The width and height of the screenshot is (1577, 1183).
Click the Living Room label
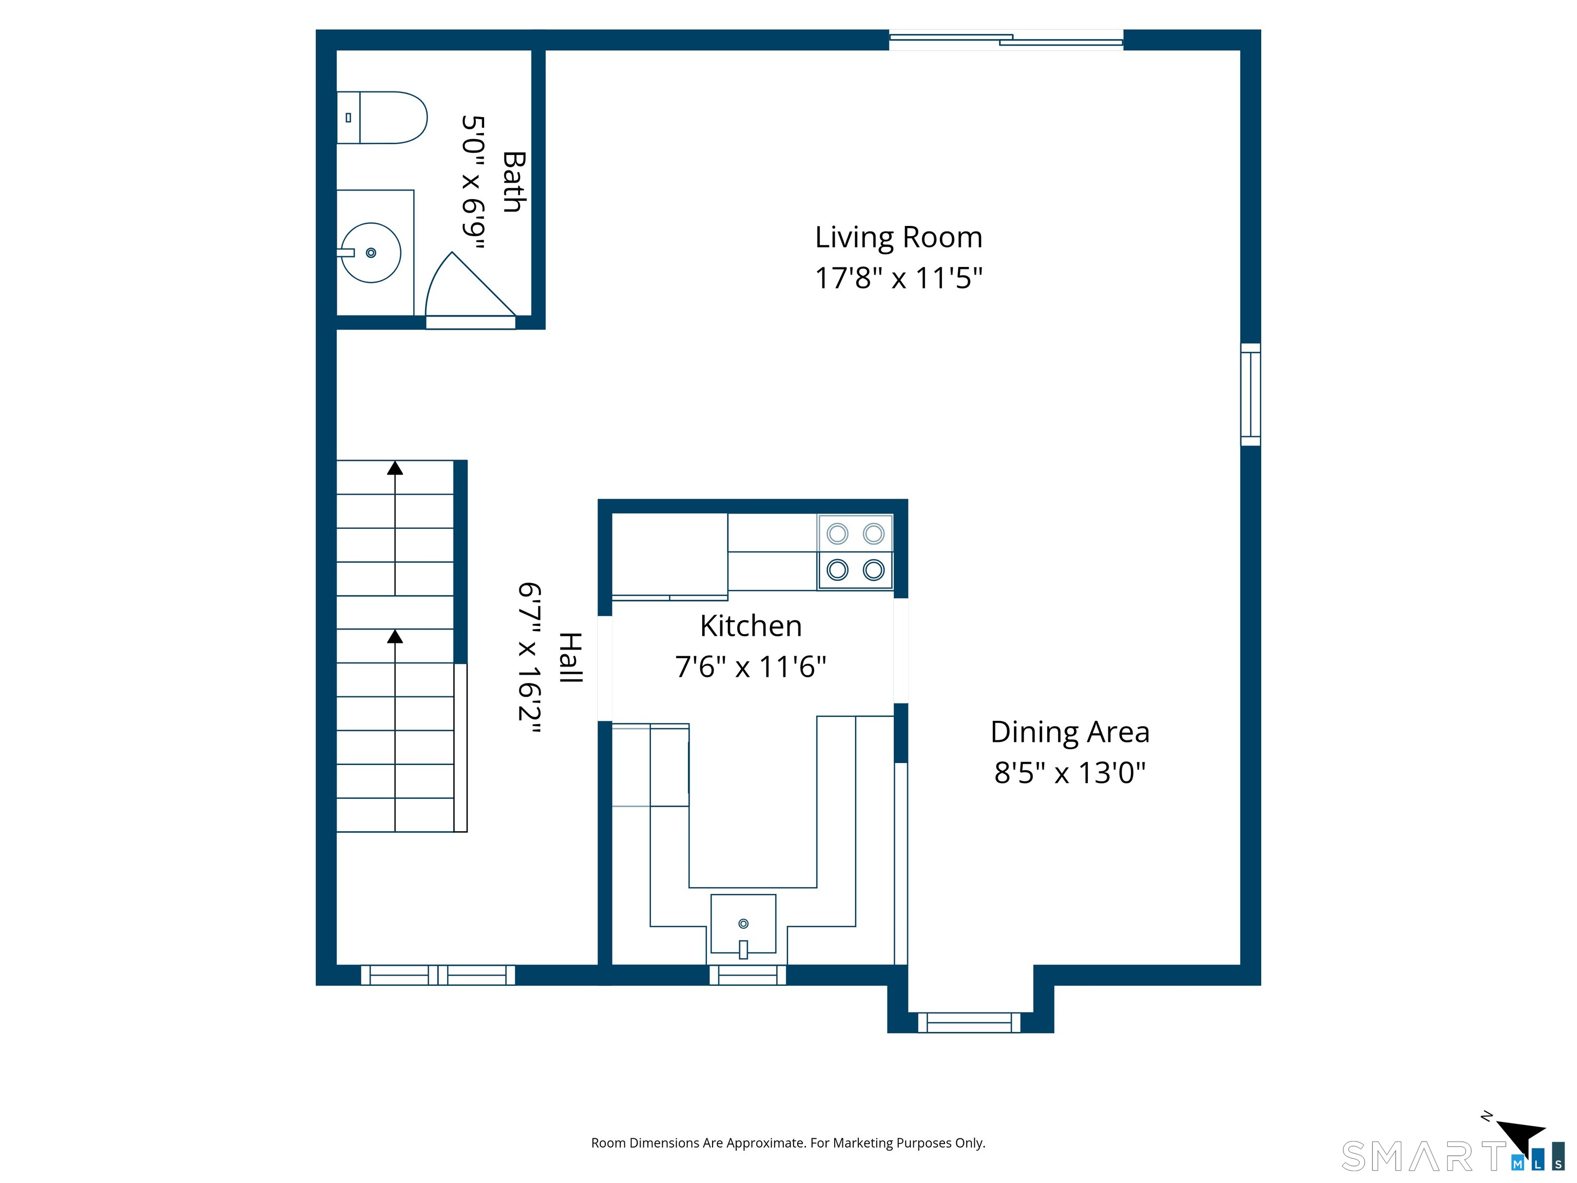(x=898, y=237)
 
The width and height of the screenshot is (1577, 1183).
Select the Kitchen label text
(x=751, y=626)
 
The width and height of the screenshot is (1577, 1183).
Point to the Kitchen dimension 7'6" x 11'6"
(x=751, y=667)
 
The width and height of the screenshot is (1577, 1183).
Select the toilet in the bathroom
(x=381, y=118)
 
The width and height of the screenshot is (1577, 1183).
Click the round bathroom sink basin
(x=371, y=253)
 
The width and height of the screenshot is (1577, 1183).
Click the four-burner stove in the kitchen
(x=856, y=552)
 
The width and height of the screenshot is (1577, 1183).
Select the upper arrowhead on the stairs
(x=395, y=468)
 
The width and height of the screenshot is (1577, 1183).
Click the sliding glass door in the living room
(x=1006, y=40)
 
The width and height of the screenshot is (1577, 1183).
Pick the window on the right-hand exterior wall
(x=1251, y=394)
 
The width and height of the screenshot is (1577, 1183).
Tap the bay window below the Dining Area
(x=969, y=1023)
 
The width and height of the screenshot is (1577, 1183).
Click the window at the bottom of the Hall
(x=438, y=975)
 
